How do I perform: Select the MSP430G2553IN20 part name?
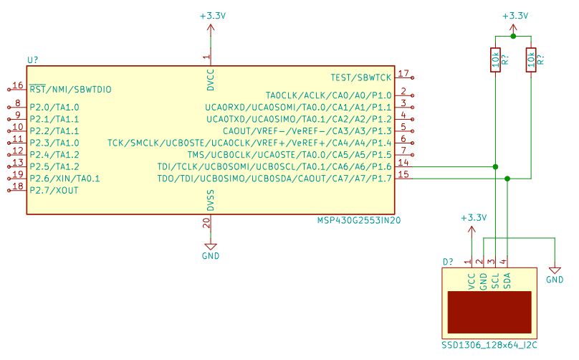tap(358, 221)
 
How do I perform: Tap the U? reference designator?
tap(32, 60)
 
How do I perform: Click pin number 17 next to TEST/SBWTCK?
tap(404, 73)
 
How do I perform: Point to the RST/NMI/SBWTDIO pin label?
tap(70, 90)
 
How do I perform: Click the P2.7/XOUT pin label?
tap(54, 191)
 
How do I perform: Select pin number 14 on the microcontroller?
tap(404, 163)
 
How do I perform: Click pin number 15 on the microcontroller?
tap(404, 174)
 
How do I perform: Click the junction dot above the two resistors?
tap(513, 36)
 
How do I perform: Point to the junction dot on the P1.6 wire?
tap(495, 167)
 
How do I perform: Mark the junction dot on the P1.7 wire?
tap(507, 179)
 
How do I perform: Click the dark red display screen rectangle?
tap(489, 311)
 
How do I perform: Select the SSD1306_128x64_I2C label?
tap(489, 345)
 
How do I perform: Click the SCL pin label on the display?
tap(495, 280)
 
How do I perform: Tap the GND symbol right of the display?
tap(555, 273)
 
